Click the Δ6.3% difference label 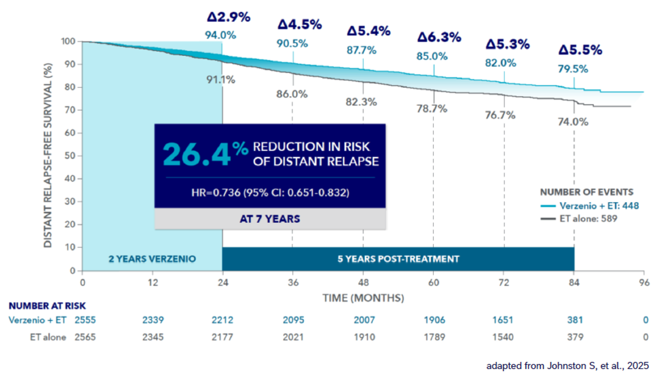pos(439,37)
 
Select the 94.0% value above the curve pos(221,35)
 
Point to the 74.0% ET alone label pos(573,122)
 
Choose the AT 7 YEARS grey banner pos(270,218)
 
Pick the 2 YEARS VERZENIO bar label pos(152,259)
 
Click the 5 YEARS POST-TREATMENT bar pos(398,259)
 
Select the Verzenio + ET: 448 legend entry pos(590,206)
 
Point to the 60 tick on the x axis pos(433,283)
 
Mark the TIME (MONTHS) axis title pos(363,296)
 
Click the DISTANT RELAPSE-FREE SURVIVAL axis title pos(50,156)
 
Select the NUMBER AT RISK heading pos(47,306)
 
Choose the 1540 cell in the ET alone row pos(504,337)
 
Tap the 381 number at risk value pos(574,320)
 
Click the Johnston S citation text pos(567,365)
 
